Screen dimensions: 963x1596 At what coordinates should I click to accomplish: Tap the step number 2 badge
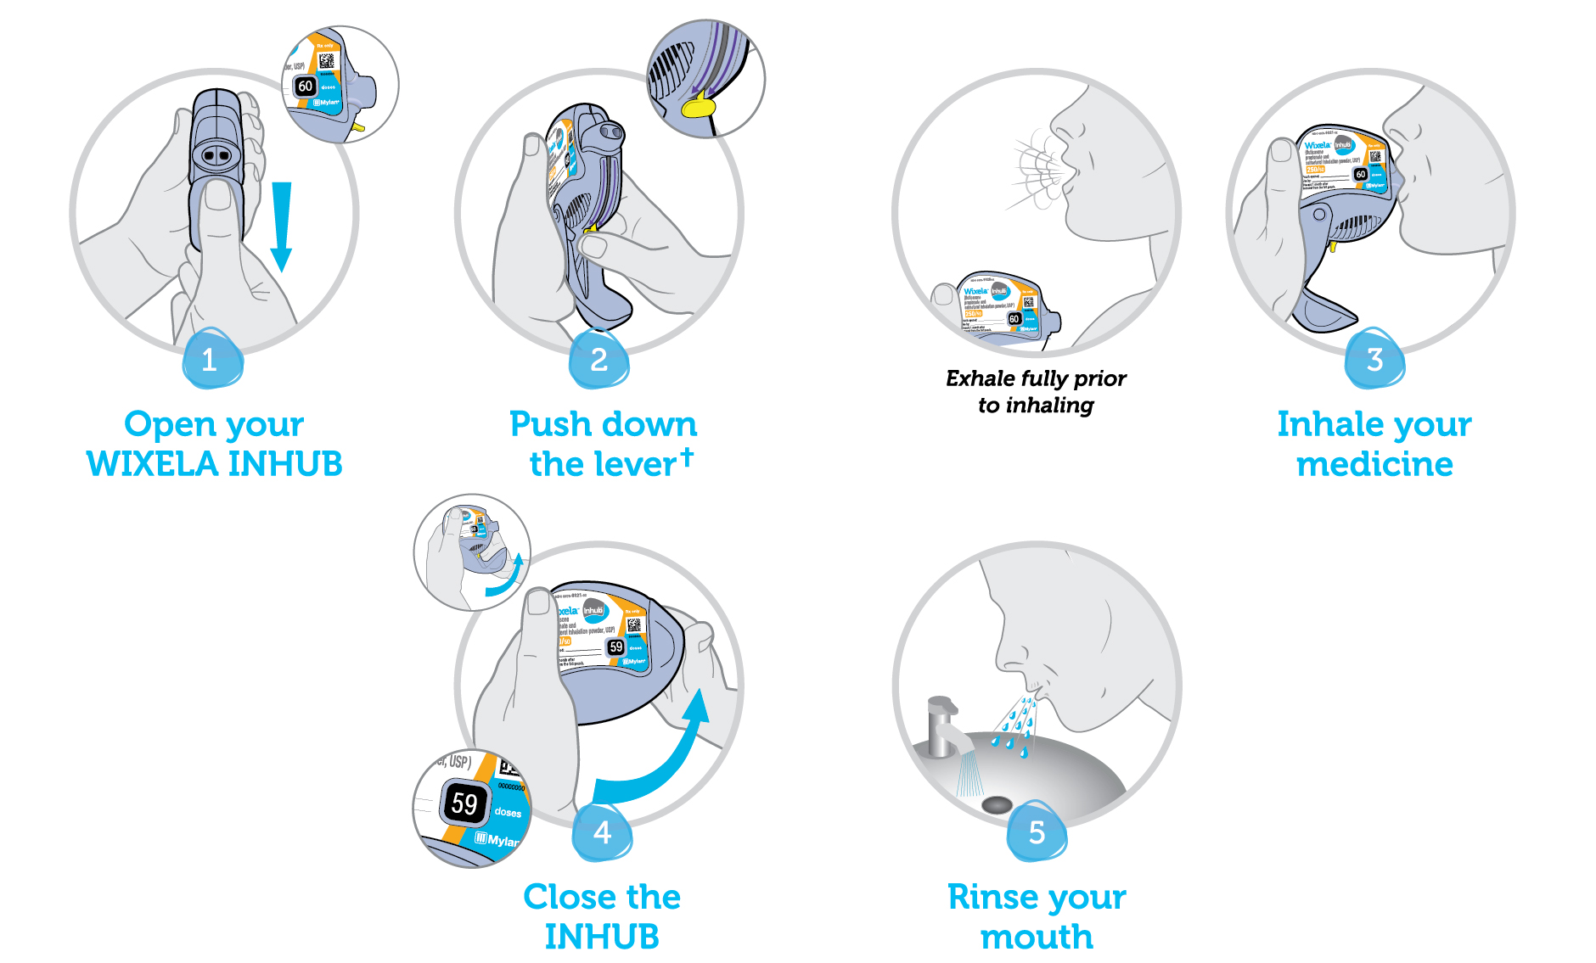pyautogui.click(x=599, y=360)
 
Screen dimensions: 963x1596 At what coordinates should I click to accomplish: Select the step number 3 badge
pyautogui.click(x=1374, y=360)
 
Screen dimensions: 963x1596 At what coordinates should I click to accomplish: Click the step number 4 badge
pyautogui.click(x=602, y=832)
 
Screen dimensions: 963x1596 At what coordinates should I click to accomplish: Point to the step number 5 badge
pyautogui.click(x=1037, y=832)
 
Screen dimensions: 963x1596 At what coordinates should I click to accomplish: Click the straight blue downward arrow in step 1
pyautogui.click(x=281, y=225)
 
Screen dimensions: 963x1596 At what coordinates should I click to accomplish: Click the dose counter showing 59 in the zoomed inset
pyautogui.click(x=464, y=803)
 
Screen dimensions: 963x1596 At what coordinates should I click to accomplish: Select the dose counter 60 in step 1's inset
pyautogui.click(x=306, y=87)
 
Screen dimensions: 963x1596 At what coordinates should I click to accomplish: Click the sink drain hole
pyautogui.click(x=997, y=803)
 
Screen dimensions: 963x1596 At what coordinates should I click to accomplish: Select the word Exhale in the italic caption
pyautogui.click(x=981, y=378)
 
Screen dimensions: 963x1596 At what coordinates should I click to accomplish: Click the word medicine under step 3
pyautogui.click(x=1374, y=464)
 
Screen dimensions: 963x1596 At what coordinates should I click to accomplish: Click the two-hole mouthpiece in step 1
pyautogui.click(x=217, y=155)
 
